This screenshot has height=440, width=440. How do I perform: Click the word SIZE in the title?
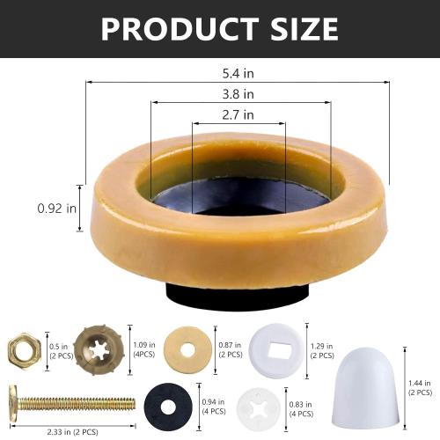click(x=297, y=29)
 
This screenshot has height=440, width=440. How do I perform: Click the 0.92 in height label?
click(x=56, y=209)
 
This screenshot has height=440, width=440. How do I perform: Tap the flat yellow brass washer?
click(x=187, y=349)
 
